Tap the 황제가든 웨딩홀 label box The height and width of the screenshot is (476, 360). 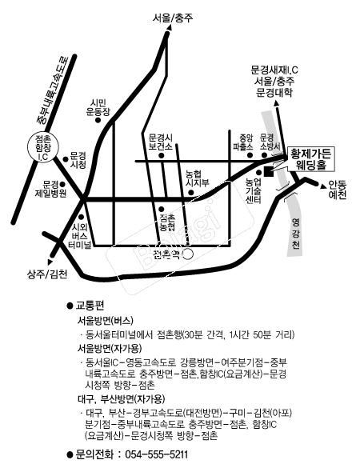click(x=310, y=158)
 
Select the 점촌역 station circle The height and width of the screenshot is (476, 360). click(x=188, y=254)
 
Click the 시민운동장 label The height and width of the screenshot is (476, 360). click(x=98, y=107)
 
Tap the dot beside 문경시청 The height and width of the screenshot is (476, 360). click(x=65, y=159)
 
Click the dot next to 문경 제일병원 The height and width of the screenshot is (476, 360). click(x=62, y=184)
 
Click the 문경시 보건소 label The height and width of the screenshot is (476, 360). click(x=161, y=142)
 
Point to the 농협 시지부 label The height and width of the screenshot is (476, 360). click(x=198, y=178)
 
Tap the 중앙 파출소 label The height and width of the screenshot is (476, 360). click(x=242, y=142)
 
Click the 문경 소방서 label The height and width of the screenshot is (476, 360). click(x=270, y=142)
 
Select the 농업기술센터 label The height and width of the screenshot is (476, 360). click(x=254, y=191)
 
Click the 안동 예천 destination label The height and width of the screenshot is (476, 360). click(x=338, y=190)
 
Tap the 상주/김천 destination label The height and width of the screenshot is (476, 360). click(x=47, y=274)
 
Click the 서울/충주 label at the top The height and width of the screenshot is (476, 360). click(x=173, y=18)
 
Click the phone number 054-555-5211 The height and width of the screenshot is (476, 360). click(x=156, y=454)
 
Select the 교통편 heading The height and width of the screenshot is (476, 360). click(x=90, y=306)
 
